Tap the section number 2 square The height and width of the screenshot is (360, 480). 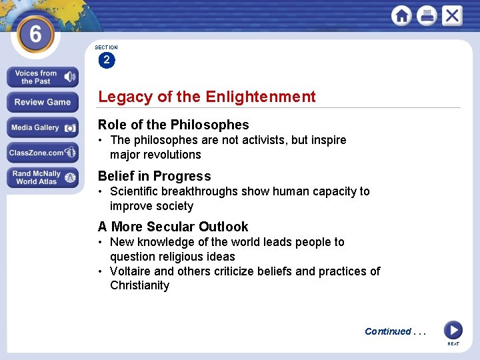pos(106,60)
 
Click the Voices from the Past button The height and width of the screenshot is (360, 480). pos(43,77)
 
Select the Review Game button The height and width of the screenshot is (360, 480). pos(43,102)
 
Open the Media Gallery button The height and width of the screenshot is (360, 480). pos(43,127)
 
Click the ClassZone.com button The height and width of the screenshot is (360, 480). pos(43,153)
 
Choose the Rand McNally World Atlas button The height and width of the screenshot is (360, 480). pos(43,177)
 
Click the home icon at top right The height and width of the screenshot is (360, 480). pos(401,15)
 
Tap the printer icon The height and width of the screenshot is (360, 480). pos(427,15)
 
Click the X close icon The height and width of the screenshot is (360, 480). pos(452,15)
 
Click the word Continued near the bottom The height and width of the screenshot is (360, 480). pos(388,331)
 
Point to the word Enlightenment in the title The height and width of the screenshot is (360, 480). pos(261,97)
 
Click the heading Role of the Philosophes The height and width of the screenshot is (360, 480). pos(173,125)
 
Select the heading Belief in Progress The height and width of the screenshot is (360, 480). pos(154,176)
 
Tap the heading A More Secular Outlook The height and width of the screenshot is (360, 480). pos(173,227)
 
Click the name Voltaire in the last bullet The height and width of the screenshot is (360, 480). pos(131,271)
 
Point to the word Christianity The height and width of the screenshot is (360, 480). pos(139,285)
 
